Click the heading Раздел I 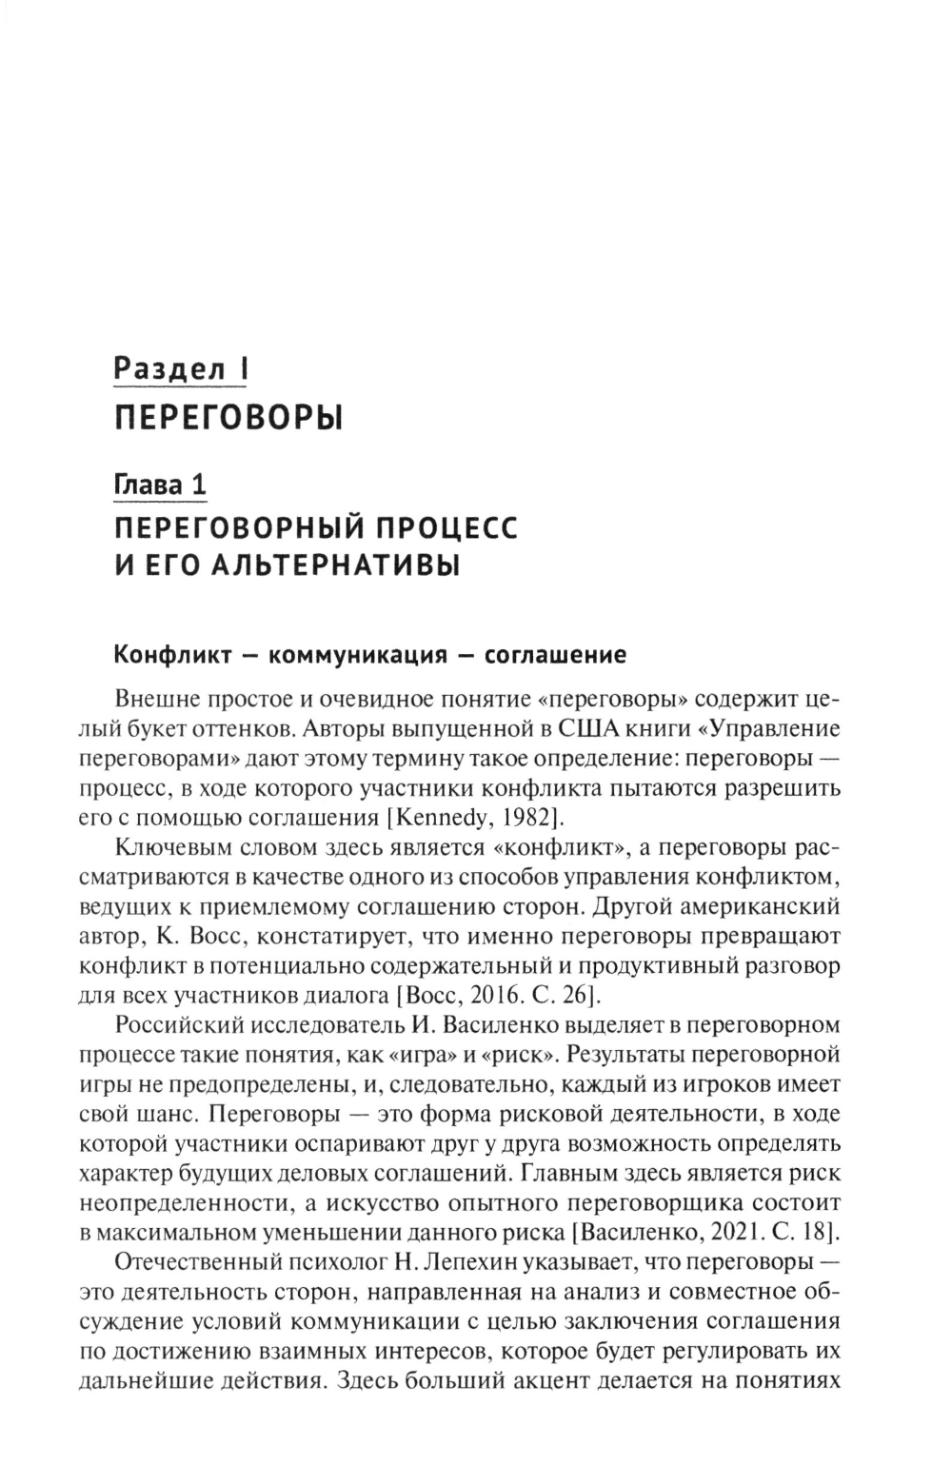tap(180, 368)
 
